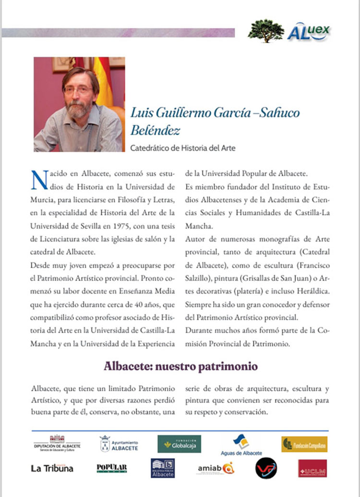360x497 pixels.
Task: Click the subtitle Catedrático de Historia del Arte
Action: (x=183, y=148)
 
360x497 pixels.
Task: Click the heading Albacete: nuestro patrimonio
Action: (x=180, y=366)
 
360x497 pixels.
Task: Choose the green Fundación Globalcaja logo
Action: (x=179, y=444)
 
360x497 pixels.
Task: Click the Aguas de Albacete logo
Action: (x=241, y=445)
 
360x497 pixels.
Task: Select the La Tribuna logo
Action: (x=52, y=468)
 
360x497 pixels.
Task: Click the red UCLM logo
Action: (x=312, y=468)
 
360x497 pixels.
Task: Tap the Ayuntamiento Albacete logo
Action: (x=119, y=444)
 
